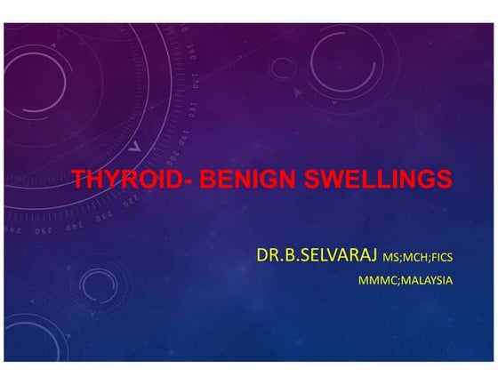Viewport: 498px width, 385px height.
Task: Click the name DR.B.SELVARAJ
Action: point(316,257)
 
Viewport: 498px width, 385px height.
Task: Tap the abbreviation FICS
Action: point(442,259)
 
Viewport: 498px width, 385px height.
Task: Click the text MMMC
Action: point(375,280)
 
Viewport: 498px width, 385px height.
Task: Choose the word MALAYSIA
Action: point(425,280)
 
